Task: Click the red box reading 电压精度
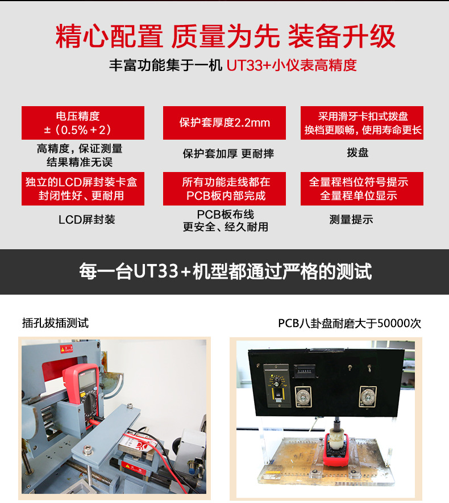[83, 123]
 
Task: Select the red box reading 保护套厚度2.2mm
[224, 123]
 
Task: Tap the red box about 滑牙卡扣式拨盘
[362, 123]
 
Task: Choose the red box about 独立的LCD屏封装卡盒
[83, 188]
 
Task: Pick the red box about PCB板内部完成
[224, 188]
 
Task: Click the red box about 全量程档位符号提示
[362, 188]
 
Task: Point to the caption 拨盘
[357, 152]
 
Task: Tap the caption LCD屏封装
[87, 220]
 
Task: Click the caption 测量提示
[351, 220]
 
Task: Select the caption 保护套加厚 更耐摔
[228, 154]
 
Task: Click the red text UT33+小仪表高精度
[292, 65]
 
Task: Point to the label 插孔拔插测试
[55, 322]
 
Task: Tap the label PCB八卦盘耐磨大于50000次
[350, 323]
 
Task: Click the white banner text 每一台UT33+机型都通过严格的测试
[226, 271]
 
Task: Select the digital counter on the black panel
[304, 371]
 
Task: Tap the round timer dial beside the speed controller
[303, 397]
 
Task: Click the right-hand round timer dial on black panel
[367, 397]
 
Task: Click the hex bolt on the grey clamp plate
[87, 450]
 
